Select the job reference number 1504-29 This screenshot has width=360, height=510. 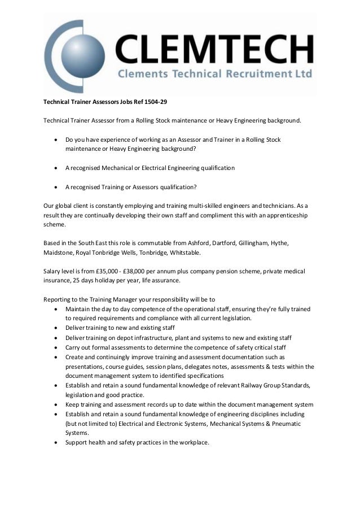(155, 102)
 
